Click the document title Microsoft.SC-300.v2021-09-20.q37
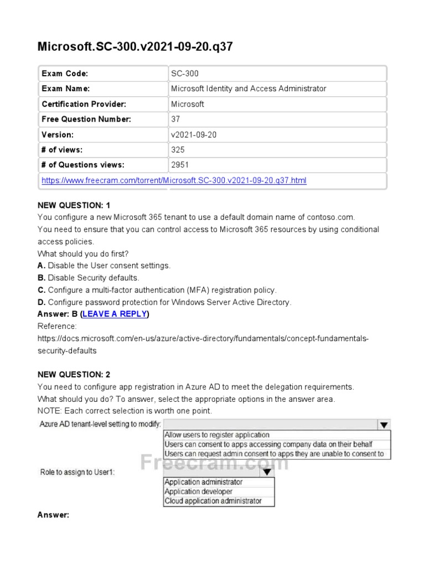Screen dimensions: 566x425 tap(135, 46)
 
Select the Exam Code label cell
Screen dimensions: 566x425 tap(65, 74)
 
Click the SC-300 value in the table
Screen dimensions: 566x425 tap(185, 74)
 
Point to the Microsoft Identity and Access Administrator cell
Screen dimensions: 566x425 tap(248, 88)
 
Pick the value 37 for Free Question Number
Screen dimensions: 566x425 tap(176, 119)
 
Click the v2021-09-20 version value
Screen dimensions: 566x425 tap(194, 134)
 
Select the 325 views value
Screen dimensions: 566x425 tap(178, 150)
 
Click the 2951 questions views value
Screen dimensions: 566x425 tap(180, 165)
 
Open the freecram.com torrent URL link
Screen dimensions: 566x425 tap(174, 180)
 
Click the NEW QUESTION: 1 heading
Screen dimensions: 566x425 tap(74, 206)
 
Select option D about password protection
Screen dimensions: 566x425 tap(164, 302)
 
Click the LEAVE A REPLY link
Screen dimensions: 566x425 tap(115, 314)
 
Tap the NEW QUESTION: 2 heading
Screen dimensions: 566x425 tap(74, 374)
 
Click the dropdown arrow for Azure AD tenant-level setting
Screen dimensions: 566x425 tap(383, 424)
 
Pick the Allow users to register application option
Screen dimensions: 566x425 tap(217, 435)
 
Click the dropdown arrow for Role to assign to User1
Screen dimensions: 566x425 tap(267, 472)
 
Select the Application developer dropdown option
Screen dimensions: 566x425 tap(198, 491)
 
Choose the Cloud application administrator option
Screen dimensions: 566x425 tap(212, 501)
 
